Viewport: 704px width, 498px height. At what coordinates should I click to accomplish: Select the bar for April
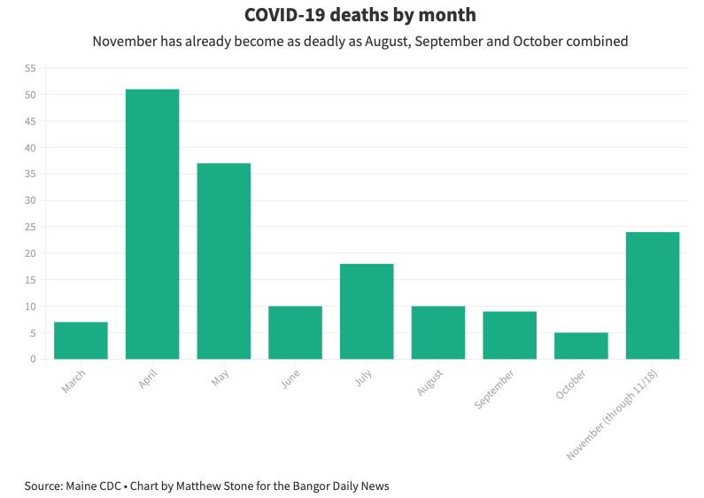(x=152, y=224)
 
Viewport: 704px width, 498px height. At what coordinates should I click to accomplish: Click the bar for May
(x=224, y=261)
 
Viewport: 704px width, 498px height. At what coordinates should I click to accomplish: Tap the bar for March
(x=81, y=340)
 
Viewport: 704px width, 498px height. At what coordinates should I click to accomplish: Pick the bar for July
(x=367, y=311)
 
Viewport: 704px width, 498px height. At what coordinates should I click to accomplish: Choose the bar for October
(x=581, y=346)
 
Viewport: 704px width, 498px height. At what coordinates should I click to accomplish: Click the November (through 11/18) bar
(x=653, y=295)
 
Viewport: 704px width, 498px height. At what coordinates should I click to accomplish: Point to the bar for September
(x=509, y=335)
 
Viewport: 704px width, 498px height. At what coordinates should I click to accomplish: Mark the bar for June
(x=295, y=332)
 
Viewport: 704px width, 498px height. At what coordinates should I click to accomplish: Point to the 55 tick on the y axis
(x=30, y=68)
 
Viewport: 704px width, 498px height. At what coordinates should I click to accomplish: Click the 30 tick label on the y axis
(x=30, y=200)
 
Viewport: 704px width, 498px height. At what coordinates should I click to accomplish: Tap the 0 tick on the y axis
(x=33, y=359)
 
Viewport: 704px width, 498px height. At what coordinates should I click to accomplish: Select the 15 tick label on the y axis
(x=30, y=280)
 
